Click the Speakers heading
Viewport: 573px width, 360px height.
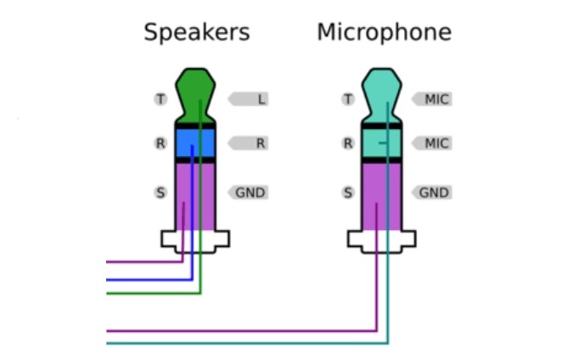pyautogui.click(x=196, y=33)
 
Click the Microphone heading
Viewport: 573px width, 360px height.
pyautogui.click(x=384, y=33)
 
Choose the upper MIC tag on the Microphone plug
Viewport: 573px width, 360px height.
pyautogui.click(x=434, y=99)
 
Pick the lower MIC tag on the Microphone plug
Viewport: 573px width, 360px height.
pyautogui.click(x=434, y=143)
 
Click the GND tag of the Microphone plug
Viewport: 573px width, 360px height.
pyautogui.click(x=434, y=193)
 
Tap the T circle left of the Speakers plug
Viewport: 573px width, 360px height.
pyautogui.click(x=160, y=99)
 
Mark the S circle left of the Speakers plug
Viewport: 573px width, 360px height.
pyautogui.click(x=160, y=193)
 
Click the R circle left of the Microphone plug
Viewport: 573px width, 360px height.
pyautogui.click(x=347, y=143)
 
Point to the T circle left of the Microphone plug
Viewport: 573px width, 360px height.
pyautogui.click(x=347, y=99)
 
